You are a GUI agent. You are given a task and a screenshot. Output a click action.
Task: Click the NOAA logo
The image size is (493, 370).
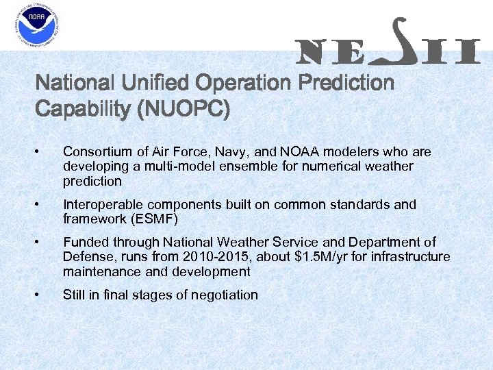36,26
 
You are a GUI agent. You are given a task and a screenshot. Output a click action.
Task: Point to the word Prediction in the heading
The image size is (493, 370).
346,84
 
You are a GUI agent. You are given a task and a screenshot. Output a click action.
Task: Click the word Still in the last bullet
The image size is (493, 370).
74,295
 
